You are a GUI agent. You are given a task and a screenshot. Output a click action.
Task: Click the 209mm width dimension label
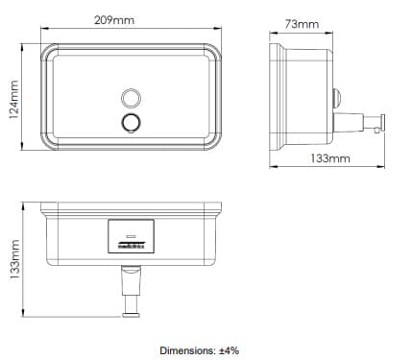point(130,20)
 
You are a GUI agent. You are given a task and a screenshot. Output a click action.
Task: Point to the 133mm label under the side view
point(331,157)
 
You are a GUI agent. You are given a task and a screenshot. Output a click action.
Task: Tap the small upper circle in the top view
point(131,97)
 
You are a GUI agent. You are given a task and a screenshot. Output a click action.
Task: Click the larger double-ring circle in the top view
point(131,121)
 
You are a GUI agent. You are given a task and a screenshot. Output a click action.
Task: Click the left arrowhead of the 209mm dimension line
point(41,28)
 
